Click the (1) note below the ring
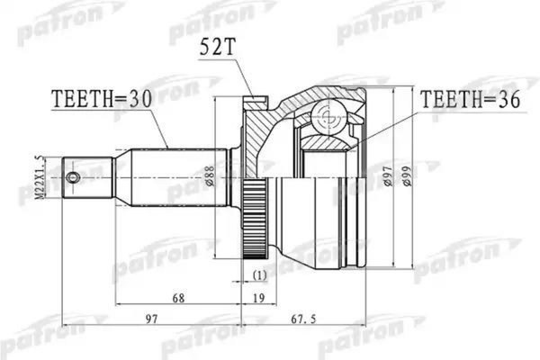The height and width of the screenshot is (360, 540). coord(259,275)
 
